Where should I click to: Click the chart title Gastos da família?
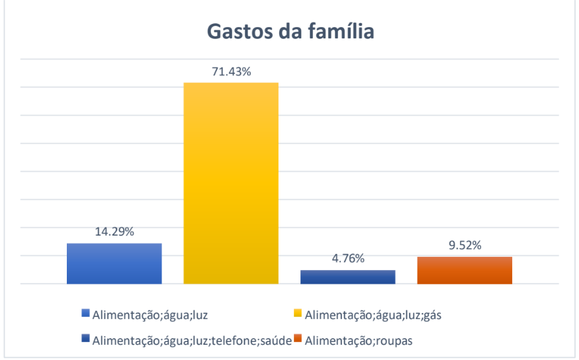click(x=290, y=31)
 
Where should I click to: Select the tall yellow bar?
click(x=231, y=183)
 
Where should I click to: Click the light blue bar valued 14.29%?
click(x=114, y=263)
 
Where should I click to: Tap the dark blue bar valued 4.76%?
click(x=348, y=277)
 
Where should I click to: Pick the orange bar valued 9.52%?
click(x=465, y=270)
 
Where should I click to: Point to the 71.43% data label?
click(x=231, y=71)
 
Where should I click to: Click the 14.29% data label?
click(x=114, y=232)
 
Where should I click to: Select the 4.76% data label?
click(x=348, y=259)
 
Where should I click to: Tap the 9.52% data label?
click(x=465, y=246)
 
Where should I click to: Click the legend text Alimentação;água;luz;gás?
click(x=373, y=314)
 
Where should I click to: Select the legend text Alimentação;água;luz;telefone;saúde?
click(x=193, y=341)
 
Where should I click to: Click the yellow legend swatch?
click(x=297, y=314)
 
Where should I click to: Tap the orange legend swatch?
click(x=298, y=339)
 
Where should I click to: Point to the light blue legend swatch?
click(x=85, y=314)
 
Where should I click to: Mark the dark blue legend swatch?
click(x=85, y=339)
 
